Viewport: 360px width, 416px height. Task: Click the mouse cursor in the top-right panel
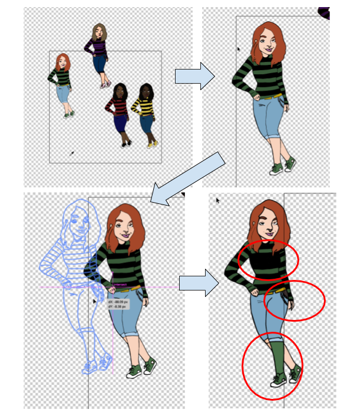pos(239,49)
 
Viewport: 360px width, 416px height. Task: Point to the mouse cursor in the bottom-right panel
pos(217,201)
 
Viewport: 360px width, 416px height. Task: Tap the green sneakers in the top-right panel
pos(283,167)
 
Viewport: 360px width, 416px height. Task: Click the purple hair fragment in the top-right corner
pos(324,12)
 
